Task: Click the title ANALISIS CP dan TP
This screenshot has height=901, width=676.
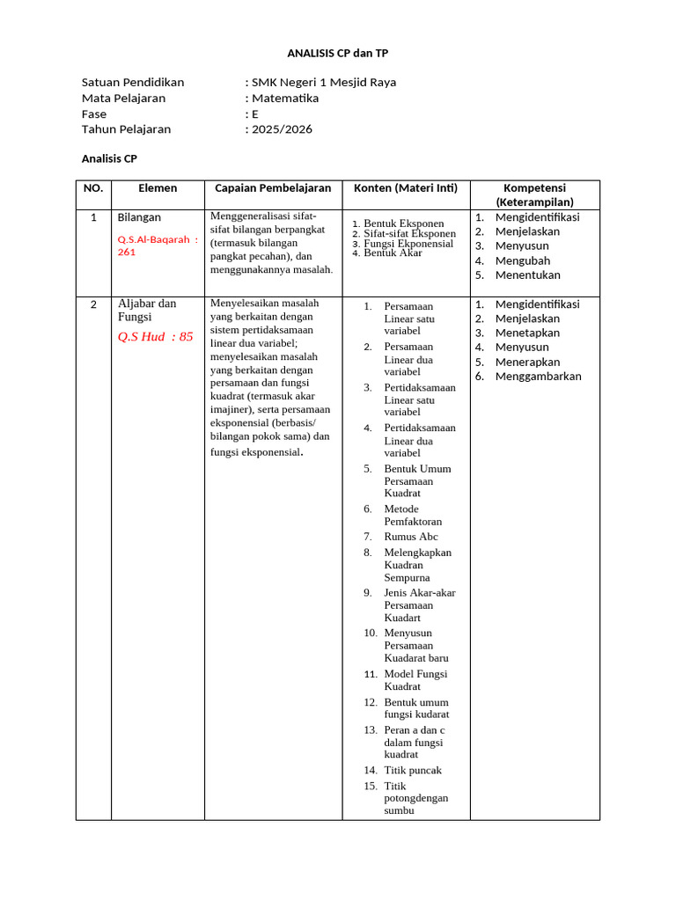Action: point(338,54)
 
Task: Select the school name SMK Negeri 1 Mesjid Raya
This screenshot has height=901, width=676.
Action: point(323,82)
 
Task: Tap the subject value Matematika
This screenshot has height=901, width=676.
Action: point(284,98)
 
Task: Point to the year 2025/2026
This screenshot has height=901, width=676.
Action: point(281,129)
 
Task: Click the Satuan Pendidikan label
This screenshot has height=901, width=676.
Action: point(133,82)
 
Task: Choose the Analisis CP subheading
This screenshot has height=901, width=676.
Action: point(109,158)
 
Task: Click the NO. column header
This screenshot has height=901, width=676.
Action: point(93,188)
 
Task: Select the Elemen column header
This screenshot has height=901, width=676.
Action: point(158,188)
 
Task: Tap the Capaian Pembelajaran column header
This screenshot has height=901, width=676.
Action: point(273,188)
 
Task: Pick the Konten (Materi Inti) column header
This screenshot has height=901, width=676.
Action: point(406,188)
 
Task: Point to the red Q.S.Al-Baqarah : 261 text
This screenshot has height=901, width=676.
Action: point(158,245)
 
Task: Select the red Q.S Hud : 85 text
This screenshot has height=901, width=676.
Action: point(155,336)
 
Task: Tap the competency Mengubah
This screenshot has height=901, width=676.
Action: point(522,260)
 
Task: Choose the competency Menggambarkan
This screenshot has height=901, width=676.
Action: point(538,377)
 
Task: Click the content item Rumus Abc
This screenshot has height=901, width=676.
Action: point(410,537)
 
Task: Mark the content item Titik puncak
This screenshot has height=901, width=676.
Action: point(413,770)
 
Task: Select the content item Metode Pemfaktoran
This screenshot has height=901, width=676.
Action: point(413,515)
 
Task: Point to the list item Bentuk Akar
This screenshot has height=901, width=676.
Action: point(393,253)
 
